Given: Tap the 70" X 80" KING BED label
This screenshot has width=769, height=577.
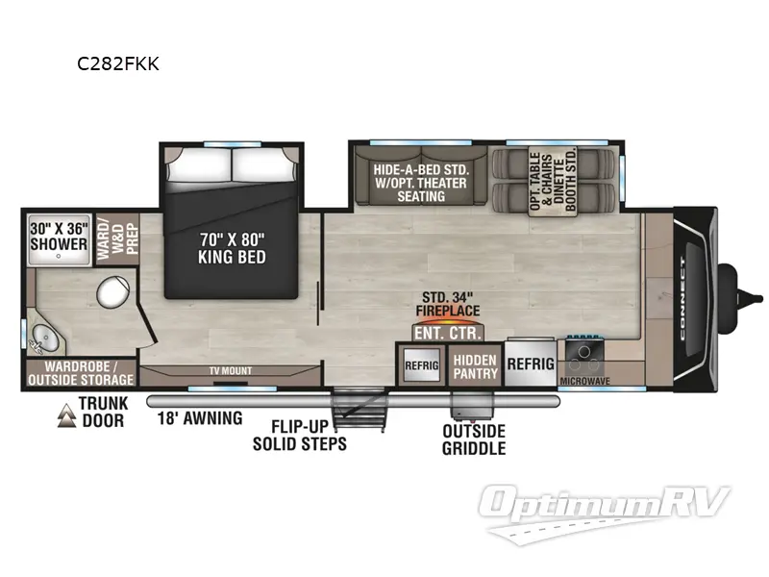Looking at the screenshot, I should coord(232,248).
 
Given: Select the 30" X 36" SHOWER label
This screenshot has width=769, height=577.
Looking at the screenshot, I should coord(59,237).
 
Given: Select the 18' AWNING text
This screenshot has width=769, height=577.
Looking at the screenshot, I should coord(200,418).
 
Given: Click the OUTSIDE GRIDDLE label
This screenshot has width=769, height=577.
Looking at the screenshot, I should coord(473,439).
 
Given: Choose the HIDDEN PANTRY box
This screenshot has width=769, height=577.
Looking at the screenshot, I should coord(474,365).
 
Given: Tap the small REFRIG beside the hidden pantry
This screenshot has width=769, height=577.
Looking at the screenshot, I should coord(421,365).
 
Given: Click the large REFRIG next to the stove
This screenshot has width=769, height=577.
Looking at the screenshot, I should coord(531,364).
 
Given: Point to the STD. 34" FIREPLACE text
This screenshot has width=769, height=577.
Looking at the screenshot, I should coord(447,305).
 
